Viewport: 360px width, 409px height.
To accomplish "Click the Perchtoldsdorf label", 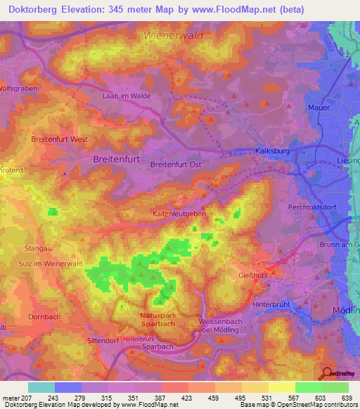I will (x=314, y=208).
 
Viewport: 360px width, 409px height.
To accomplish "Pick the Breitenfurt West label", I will (x=60, y=140).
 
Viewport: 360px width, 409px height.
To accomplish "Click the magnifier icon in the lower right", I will (x=327, y=374).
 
